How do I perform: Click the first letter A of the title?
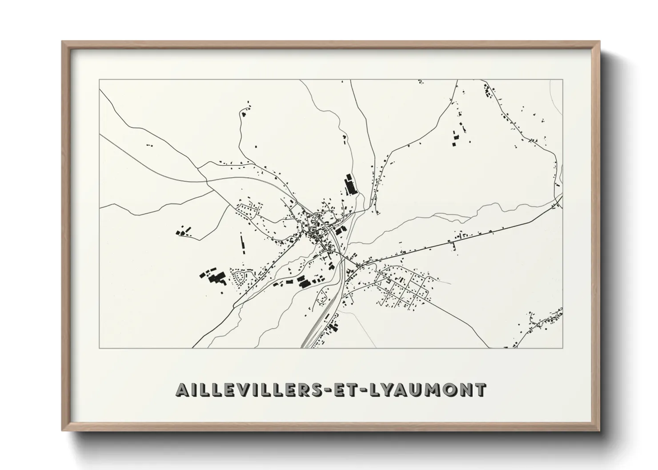[182, 390]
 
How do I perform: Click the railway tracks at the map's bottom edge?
[306, 342]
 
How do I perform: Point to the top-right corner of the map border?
[562, 80]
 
